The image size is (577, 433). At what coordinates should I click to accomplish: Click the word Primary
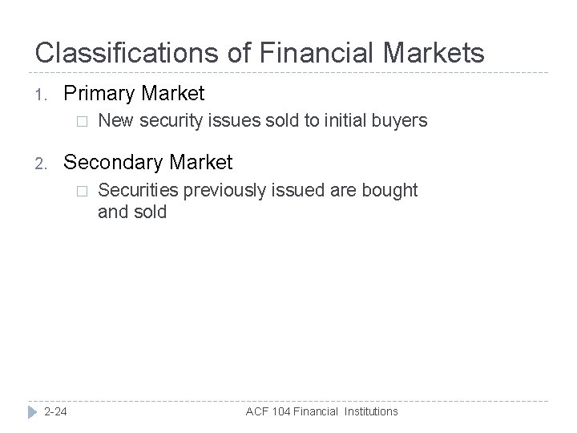coord(100,94)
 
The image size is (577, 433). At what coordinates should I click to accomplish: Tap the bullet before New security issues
coord(78,122)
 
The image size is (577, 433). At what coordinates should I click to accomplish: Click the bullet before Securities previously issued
coord(78,191)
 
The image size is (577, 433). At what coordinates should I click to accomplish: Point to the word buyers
coord(402,121)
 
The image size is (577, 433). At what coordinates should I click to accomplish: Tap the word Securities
coord(136,190)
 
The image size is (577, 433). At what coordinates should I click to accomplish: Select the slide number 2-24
coord(55,411)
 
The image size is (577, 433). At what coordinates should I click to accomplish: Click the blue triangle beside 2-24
coord(31,411)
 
